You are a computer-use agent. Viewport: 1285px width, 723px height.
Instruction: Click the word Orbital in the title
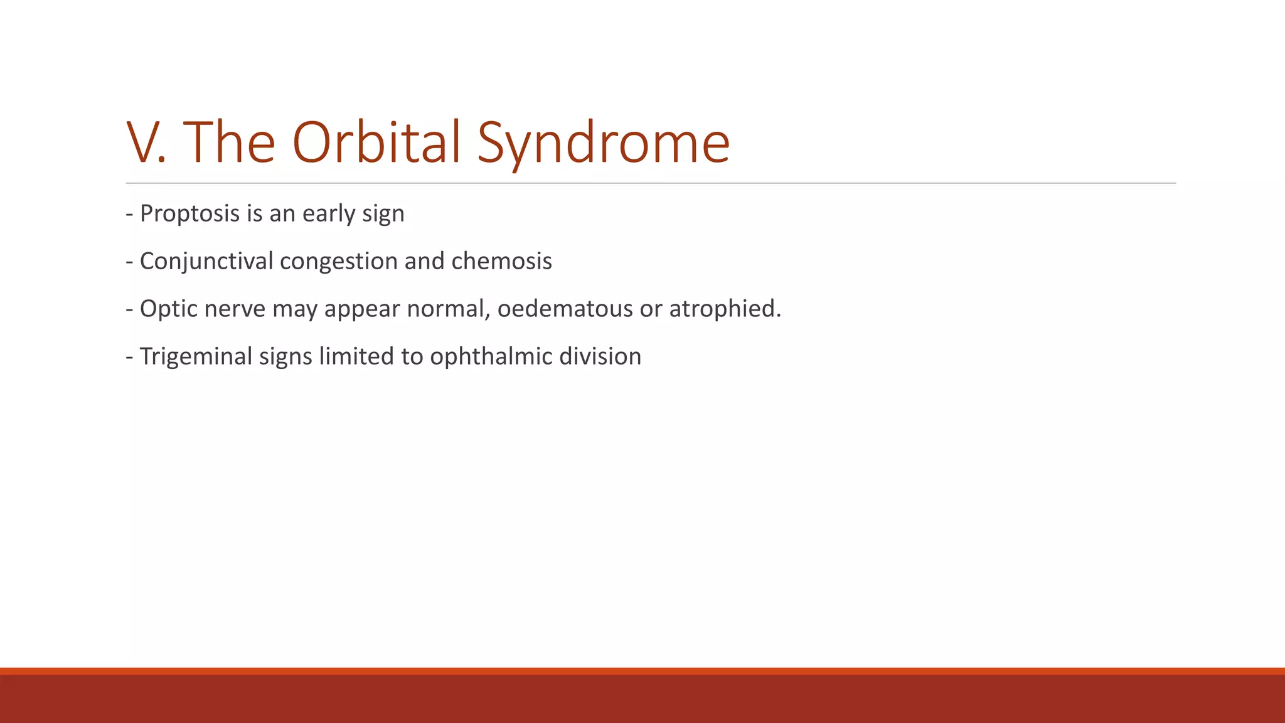376,142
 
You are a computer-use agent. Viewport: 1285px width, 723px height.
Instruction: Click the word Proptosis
189,214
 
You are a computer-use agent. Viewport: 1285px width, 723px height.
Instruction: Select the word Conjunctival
206,262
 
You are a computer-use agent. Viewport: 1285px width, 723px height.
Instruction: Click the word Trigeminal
195,356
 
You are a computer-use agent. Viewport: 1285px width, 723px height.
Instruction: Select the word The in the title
229,142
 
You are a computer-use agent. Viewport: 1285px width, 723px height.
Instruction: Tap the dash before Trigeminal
129,356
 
